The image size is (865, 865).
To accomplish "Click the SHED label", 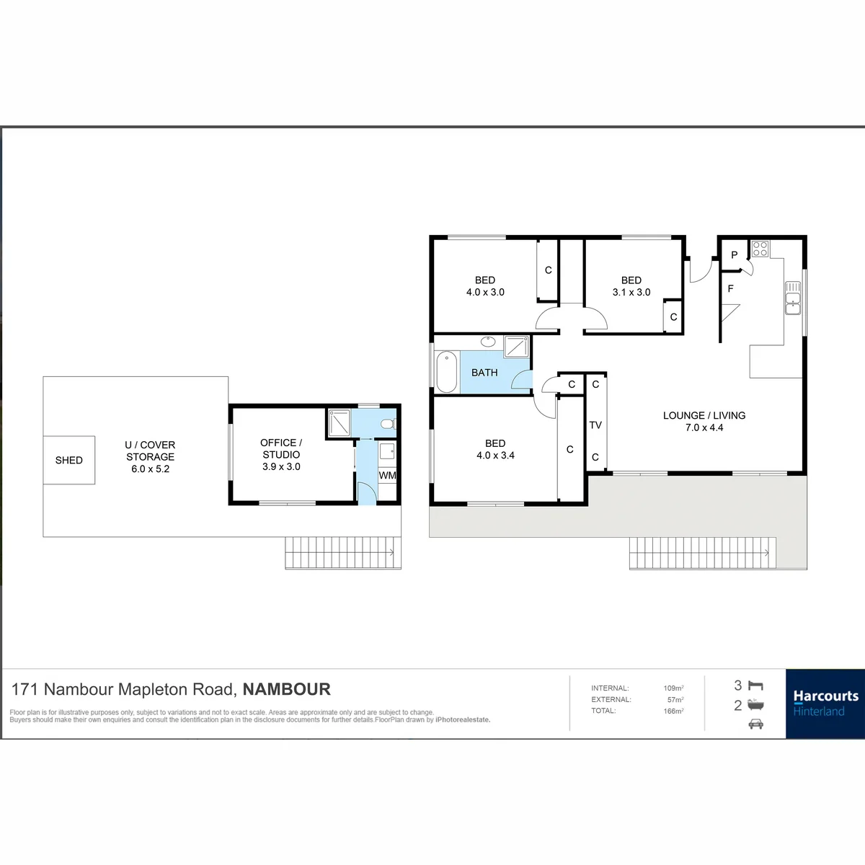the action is coord(68,460).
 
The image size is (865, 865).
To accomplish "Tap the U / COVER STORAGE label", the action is coord(150,456).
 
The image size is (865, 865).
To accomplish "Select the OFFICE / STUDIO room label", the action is coord(281,454).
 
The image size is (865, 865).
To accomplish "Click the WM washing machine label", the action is coord(387,475).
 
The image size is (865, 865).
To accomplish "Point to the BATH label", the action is coord(484,373).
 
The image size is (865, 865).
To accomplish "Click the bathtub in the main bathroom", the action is coord(447,372).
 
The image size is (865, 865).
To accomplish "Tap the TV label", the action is coord(595,425).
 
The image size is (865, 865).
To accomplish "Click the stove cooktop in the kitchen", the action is coord(760,249).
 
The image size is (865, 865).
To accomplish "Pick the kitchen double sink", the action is coord(793,298).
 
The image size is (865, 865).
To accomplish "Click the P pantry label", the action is coord(735,255).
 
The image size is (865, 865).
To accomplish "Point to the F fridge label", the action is coord(731,288).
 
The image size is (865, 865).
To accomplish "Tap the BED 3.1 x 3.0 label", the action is coord(631,286).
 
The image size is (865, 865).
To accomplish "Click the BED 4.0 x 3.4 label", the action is coord(495,449).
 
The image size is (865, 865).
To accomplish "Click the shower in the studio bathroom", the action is coord(339,422).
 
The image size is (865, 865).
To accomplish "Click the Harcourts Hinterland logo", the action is coord(825,704).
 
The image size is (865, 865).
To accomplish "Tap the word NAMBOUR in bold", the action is coord(286,689).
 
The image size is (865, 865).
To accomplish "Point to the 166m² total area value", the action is coord(673,711).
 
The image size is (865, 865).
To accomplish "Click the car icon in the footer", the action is coord(756,724).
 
